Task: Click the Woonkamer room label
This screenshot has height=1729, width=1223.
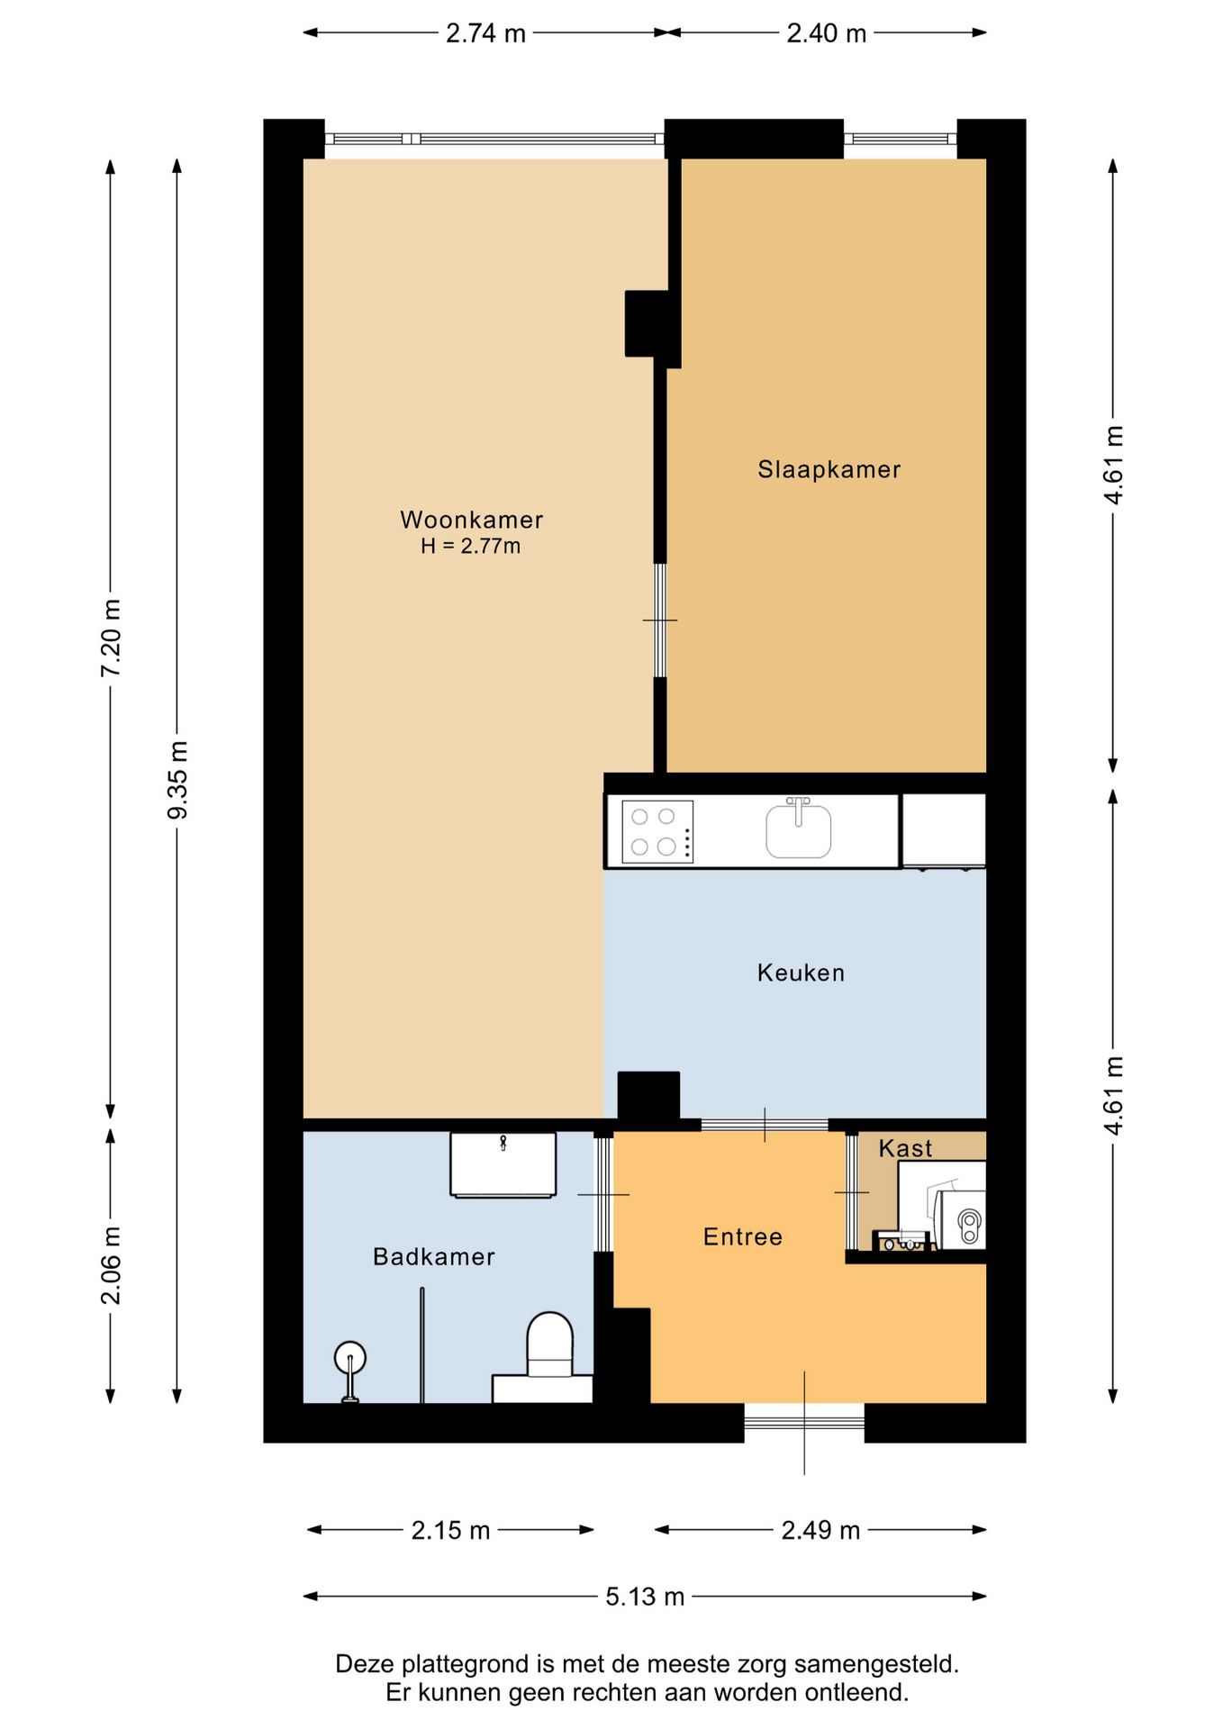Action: [471, 520]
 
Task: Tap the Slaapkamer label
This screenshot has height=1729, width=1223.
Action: [829, 469]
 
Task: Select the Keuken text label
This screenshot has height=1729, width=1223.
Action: [801, 973]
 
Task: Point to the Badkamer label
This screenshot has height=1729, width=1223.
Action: [433, 1256]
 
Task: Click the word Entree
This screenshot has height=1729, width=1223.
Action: [742, 1236]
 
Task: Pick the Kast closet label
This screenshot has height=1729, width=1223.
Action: [905, 1148]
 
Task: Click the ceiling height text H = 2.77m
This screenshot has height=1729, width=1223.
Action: [470, 546]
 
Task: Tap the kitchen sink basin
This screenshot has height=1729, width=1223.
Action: [798, 830]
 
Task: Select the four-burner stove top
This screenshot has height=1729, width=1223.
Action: [657, 831]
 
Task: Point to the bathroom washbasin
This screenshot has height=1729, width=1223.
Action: [503, 1165]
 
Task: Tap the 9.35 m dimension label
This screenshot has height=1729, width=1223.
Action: [177, 780]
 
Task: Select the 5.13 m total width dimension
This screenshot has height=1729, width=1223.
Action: [645, 1597]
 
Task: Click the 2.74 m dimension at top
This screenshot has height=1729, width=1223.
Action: [485, 33]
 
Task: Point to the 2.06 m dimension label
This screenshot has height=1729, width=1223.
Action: [111, 1265]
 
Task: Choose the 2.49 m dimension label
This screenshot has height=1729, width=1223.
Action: [820, 1530]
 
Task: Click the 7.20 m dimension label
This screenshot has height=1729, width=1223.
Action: [111, 638]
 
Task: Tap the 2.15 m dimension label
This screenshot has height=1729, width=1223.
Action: [450, 1530]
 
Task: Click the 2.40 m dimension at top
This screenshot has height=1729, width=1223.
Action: [826, 33]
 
